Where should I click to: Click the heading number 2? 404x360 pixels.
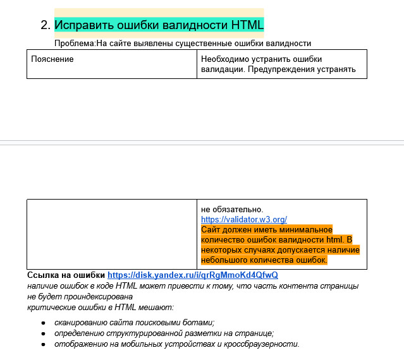(x=44, y=25)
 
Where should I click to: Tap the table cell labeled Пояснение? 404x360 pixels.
(x=52, y=59)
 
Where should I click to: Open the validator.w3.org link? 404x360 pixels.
(x=244, y=220)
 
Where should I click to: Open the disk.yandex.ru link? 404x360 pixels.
(x=193, y=275)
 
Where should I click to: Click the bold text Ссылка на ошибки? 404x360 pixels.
(x=66, y=275)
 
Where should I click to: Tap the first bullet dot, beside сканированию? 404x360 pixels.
(x=43, y=323)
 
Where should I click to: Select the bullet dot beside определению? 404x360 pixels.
(x=43, y=333)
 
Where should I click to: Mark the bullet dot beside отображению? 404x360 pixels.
(x=43, y=344)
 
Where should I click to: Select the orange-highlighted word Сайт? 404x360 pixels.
(x=211, y=230)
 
